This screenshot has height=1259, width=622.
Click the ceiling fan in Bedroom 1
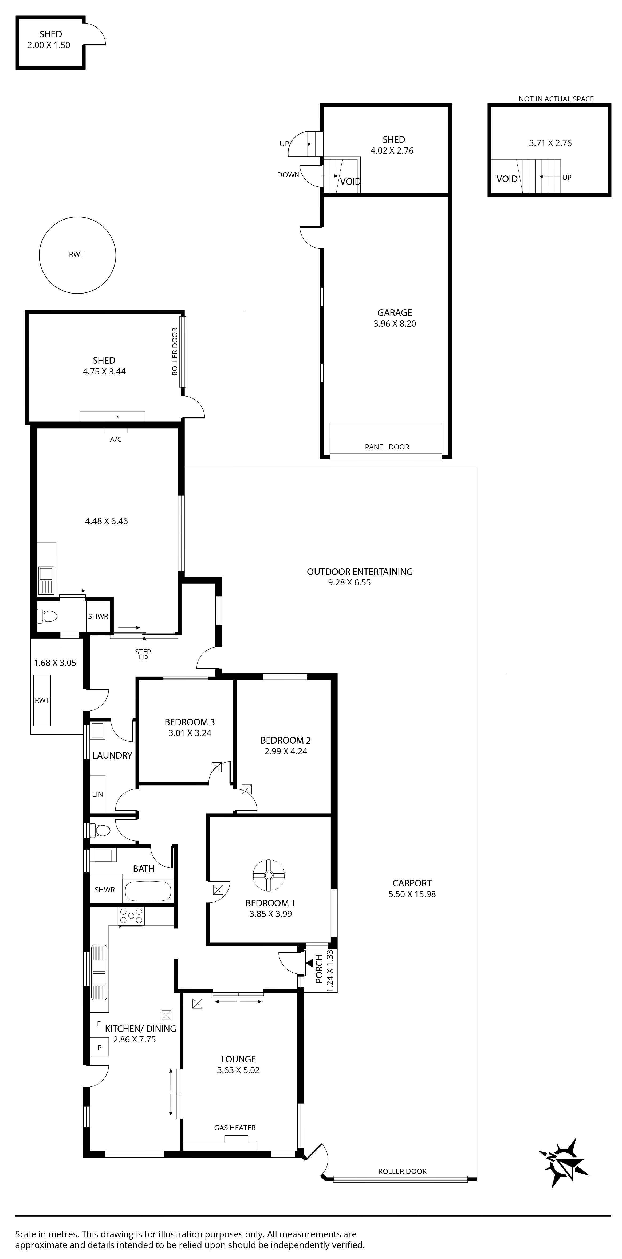[x=268, y=875]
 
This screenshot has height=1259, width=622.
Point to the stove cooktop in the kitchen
[x=131, y=916]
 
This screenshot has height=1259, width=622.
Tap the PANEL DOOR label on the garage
[x=387, y=447]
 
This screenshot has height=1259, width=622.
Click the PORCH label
[x=319, y=969]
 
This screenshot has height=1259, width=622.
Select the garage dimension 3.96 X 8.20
[x=395, y=323]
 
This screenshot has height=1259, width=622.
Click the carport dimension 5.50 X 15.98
[x=412, y=894]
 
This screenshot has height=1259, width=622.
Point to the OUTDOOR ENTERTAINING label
[x=360, y=571]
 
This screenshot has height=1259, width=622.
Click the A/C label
[x=116, y=439]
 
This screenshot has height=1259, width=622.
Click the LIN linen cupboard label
[x=98, y=794]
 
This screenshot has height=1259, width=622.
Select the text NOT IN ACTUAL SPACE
[x=556, y=99]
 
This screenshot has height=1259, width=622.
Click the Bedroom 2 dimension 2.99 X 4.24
[x=286, y=751]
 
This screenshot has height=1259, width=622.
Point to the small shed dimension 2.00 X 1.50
[x=49, y=45]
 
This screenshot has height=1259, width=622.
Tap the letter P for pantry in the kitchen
[x=100, y=1047]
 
